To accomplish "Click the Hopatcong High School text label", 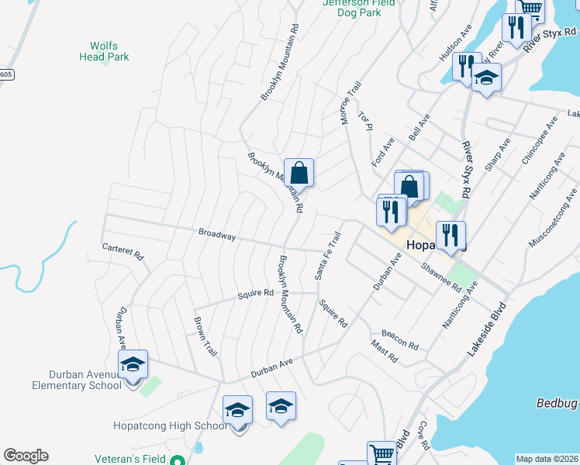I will pyautogui.click(x=170, y=425).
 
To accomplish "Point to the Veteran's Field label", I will pyautogui.click(x=129, y=459).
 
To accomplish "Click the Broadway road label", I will pyautogui.click(x=216, y=233).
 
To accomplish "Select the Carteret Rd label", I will pyautogui.click(x=123, y=250).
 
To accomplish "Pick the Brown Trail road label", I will pyautogui.click(x=205, y=336).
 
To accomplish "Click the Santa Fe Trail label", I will pyautogui.click(x=328, y=256).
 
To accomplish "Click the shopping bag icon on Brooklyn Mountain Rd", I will pyautogui.click(x=299, y=172).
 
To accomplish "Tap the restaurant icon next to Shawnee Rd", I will pyautogui.click(x=451, y=235).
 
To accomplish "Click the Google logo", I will pyautogui.click(x=26, y=456).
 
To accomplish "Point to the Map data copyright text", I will pyautogui.click(x=547, y=459).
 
